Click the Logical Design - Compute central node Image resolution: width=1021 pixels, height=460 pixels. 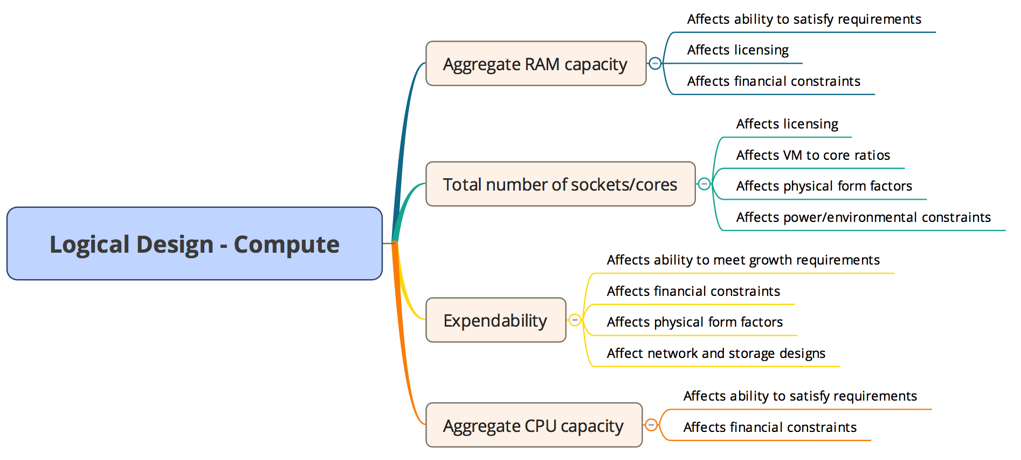click(x=194, y=243)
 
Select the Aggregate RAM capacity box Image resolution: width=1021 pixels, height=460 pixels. click(x=535, y=64)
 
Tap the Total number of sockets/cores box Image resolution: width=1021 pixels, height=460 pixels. click(x=560, y=184)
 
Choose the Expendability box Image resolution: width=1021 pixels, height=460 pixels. click(x=495, y=320)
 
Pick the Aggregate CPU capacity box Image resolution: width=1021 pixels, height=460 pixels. click(x=534, y=425)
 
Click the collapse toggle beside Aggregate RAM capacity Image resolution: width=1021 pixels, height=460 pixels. click(x=655, y=63)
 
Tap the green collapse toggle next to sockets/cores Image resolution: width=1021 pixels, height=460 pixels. click(x=704, y=184)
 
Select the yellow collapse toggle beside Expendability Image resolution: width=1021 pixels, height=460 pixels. click(x=575, y=320)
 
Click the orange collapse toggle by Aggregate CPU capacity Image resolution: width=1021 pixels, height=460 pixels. click(x=651, y=425)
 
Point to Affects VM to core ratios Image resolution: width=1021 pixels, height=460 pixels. click(x=813, y=155)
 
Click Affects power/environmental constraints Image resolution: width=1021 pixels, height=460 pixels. click(x=863, y=218)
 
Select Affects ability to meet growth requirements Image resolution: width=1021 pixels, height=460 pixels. click(x=743, y=260)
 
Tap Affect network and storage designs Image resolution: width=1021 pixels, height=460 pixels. click(x=716, y=354)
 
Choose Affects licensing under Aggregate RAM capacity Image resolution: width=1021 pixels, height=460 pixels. click(x=737, y=50)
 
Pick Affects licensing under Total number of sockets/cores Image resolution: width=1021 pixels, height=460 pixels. click(x=787, y=124)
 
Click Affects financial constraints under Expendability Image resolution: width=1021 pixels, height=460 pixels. click(x=693, y=292)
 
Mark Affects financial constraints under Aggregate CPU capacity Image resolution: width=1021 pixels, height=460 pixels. click(x=770, y=428)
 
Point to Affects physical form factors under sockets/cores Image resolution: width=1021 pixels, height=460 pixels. click(x=824, y=186)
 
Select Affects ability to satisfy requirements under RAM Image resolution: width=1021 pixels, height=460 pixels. click(x=804, y=19)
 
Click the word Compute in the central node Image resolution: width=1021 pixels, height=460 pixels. click(x=286, y=245)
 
